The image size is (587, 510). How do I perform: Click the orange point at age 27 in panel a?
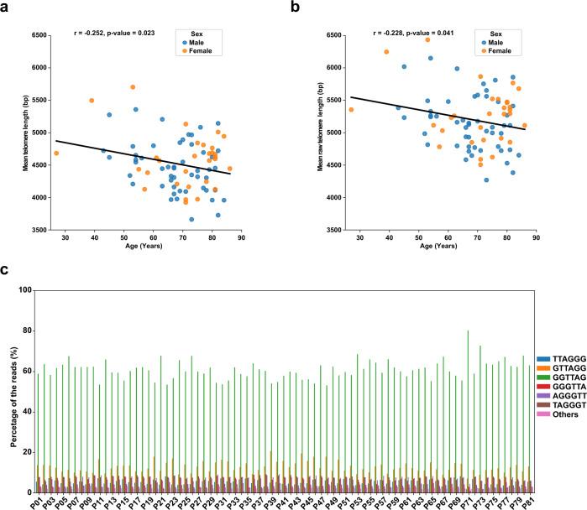coord(56,154)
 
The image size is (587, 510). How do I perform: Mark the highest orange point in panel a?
coord(133,87)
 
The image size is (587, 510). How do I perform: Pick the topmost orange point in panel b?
coord(427,39)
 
